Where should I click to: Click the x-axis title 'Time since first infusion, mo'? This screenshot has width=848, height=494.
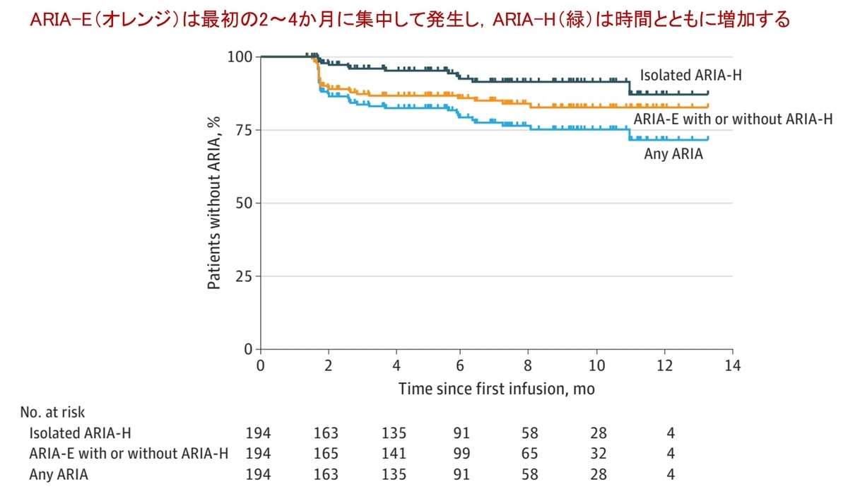point(496,389)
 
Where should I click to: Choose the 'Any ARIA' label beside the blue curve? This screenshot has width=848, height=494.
point(673,153)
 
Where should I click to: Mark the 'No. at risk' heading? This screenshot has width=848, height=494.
point(47,411)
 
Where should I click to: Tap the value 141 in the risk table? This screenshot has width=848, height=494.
point(395,454)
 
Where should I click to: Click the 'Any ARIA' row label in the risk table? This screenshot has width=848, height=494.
point(59,475)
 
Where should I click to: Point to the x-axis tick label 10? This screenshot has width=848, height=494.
point(597,366)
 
